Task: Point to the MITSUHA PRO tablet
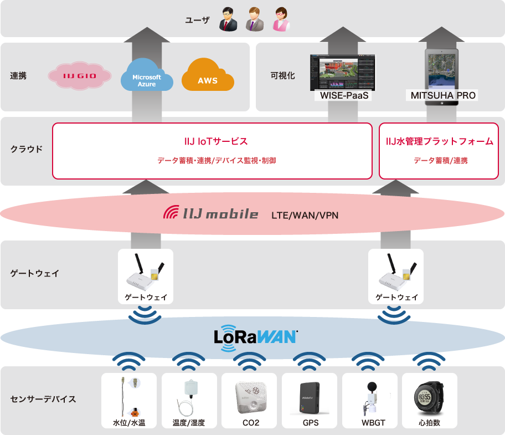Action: pos(442,69)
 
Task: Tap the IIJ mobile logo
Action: pos(211,213)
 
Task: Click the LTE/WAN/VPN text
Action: pos(305,214)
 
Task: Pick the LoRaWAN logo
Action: pos(255,337)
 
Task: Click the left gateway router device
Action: pos(145,274)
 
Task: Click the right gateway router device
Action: pos(396,274)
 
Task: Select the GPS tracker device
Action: pos(310,397)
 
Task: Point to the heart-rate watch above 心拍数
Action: pos(429,396)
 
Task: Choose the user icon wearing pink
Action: pos(281,21)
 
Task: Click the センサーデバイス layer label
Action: pos(43,399)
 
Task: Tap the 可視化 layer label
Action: pos(282,76)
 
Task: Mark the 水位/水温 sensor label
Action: pos(129,423)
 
